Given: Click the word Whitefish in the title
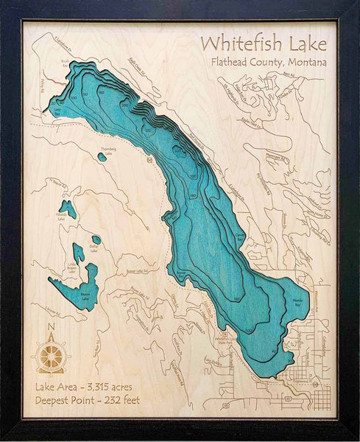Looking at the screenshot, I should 239,41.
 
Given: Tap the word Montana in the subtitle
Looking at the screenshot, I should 303,63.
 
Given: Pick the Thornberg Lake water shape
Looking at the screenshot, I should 102,156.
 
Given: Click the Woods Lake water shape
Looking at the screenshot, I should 68,208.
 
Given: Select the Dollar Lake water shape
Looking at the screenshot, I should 96,240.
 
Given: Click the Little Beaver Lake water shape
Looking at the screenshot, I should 77,255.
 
